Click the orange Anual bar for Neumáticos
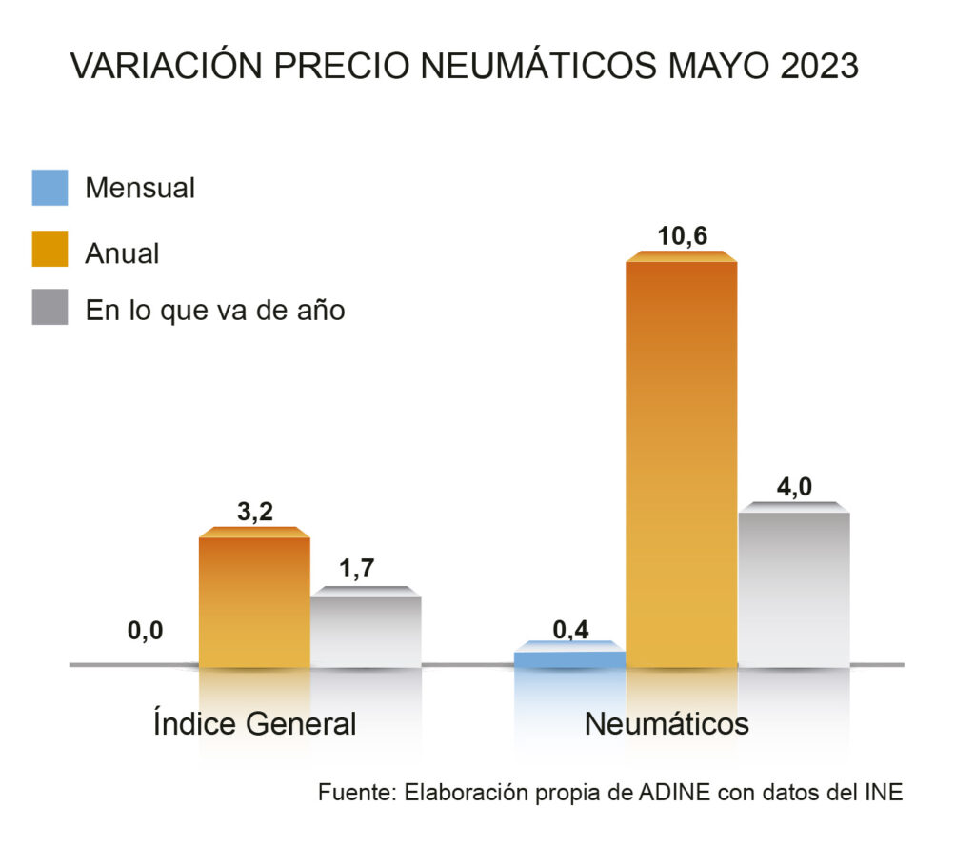click(x=681, y=462)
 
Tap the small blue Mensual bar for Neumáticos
click(x=569, y=657)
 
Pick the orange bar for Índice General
click(x=254, y=600)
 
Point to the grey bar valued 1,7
click(x=366, y=630)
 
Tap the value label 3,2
click(x=254, y=513)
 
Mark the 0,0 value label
click(x=146, y=630)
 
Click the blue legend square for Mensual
click(x=50, y=188)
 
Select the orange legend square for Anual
click(x=50, y=250)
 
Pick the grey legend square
click(x=50, y=308)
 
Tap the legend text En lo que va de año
click(x=215, y=310)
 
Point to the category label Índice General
click(x=254, y=723)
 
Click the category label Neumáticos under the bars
click(x=667, y=723)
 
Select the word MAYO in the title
click(x=728, y=68)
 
